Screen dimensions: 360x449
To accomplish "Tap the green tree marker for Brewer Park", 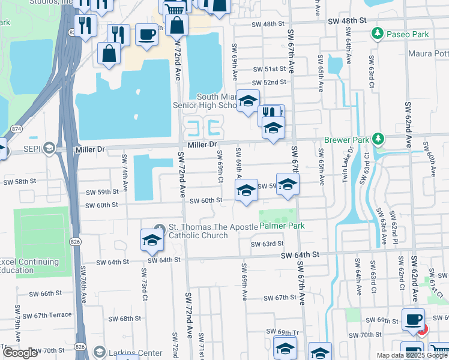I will click(378, 139).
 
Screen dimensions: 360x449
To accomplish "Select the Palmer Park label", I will click(282, 226).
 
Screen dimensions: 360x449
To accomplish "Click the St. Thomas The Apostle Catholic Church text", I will click(198, 231).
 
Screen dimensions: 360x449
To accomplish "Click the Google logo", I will click(20, 353).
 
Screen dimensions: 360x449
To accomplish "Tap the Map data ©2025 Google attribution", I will click(412, 355).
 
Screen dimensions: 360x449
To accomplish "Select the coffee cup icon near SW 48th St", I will click(146, 34).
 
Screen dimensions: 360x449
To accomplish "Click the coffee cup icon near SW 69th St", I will click(413, 319).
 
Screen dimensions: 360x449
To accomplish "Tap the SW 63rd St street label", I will click(267, 244).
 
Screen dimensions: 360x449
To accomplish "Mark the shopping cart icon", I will click(174, 8).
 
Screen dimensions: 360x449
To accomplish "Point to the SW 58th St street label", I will click(20, 181).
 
